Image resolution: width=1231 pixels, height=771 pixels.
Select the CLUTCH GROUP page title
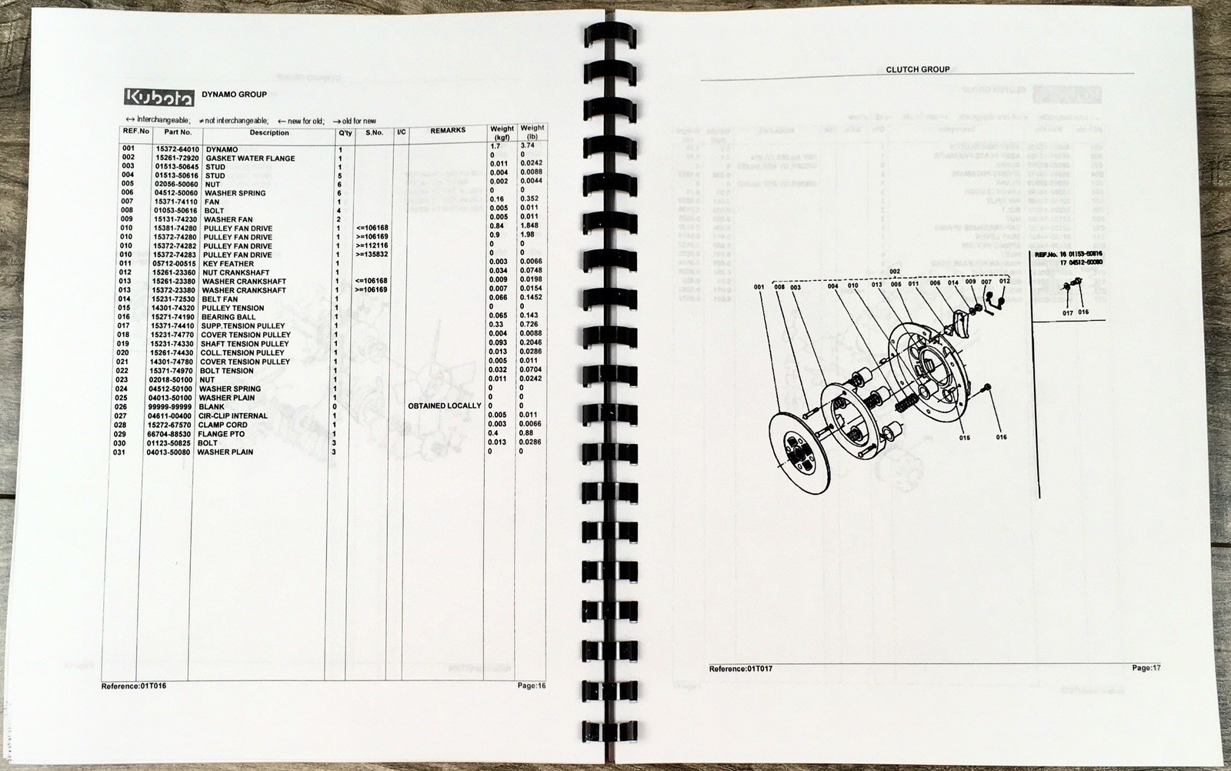pyautogui.click(x=918, y=69)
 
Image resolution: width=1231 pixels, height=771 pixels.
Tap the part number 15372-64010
pyautogui.click(x=177, y=149)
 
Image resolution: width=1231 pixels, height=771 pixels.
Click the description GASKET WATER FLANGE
pyautogui.click(x=250, y=159)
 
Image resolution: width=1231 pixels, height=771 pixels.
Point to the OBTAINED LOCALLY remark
pyautogui.click(x=445, y=406)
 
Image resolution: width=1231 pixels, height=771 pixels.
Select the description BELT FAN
pyautogui.click(x=219, y=299)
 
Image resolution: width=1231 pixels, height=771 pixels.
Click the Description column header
pyautogui.click(x=269, y=132)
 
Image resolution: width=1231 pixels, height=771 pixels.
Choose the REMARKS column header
pyautogui.click(x=448, y=131)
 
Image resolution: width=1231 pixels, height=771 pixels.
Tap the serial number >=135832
pyautogui.click(x=372, y=255)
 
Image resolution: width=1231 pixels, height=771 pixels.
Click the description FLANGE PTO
pyautogui.click(x=221, y=434)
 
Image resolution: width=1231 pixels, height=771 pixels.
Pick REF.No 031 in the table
pyautogui.click(x=119, y=452)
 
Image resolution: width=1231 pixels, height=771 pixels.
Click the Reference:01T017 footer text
pyautogui.click(x=740, y=669)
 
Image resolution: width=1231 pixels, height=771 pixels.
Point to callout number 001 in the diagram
pyautogui.click(x=759, y=287)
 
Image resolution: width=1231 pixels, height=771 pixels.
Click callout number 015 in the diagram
pyautogui.click(x=964, y=438)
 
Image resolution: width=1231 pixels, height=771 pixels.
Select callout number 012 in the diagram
pyautogui.click(x=1004, y=282)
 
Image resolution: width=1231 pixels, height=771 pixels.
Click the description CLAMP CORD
pyautogui.click(x=222, y=425)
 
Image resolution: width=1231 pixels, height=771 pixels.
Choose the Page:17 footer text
pyautogui.click(x=1146, y=668)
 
